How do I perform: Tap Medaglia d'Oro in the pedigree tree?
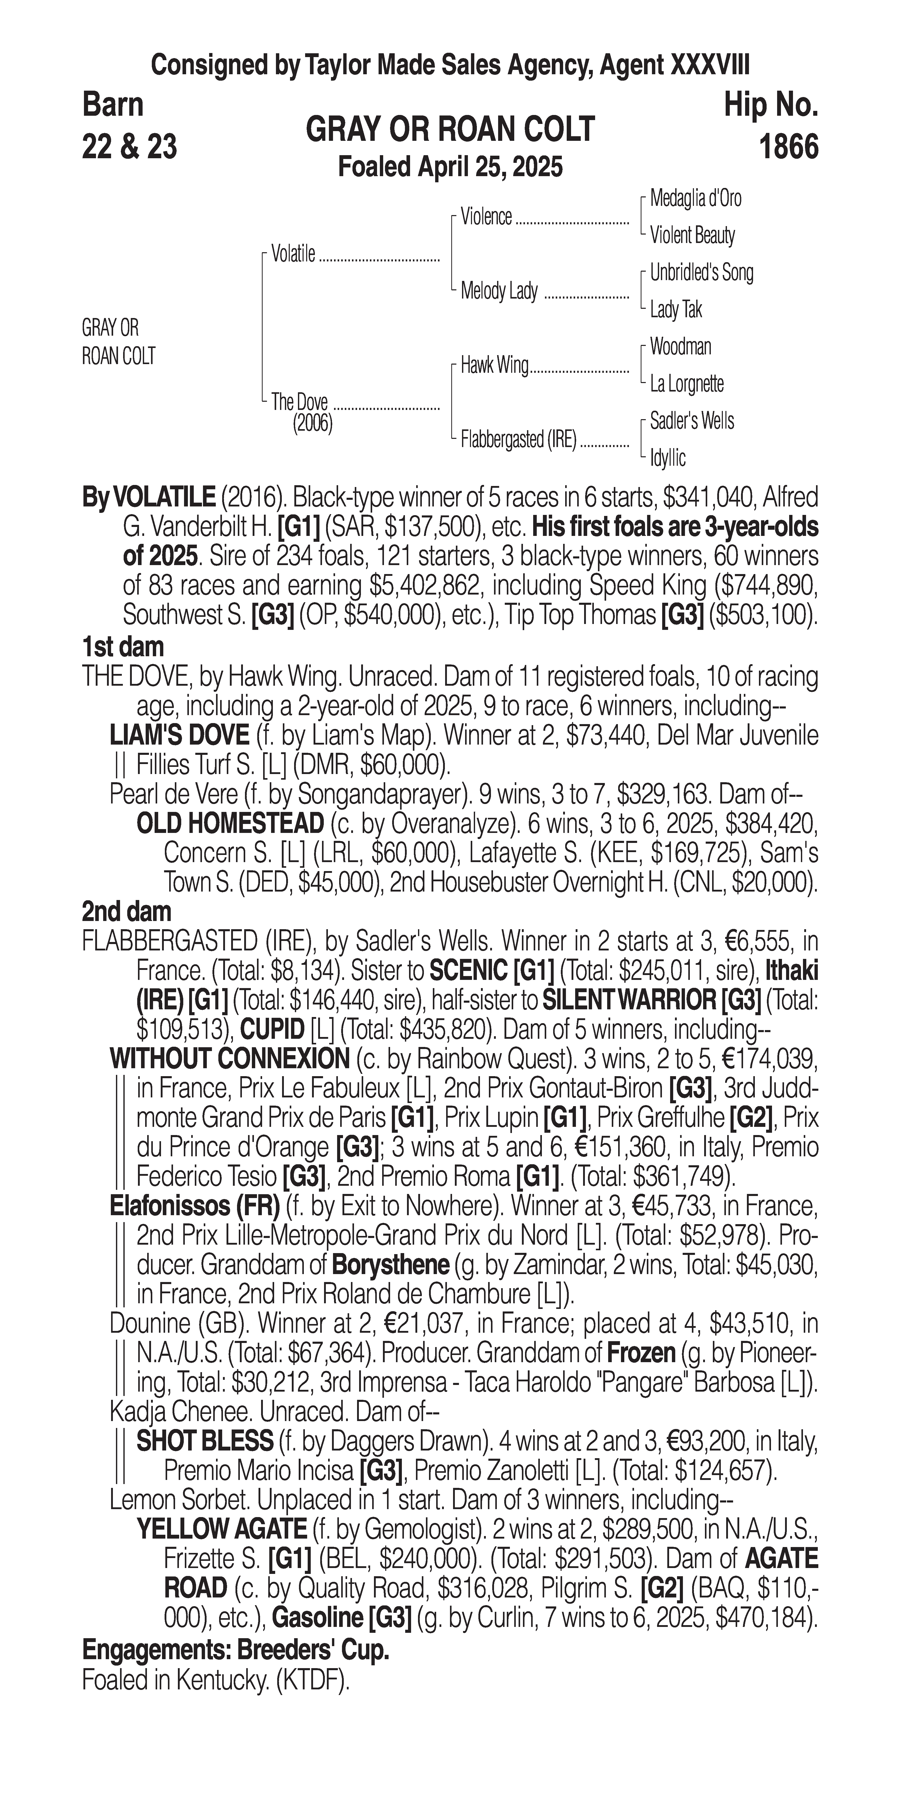pyautogui.click(x=695, y=198)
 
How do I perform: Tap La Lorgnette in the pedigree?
pyautogui.click(x=687, y=384)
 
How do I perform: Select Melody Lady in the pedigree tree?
pyautogui.click(x=499, y=291)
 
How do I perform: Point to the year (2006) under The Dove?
pyautogui.click(x=312, y=423)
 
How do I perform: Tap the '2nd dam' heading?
pyautogui.click(x=126, y=911)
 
